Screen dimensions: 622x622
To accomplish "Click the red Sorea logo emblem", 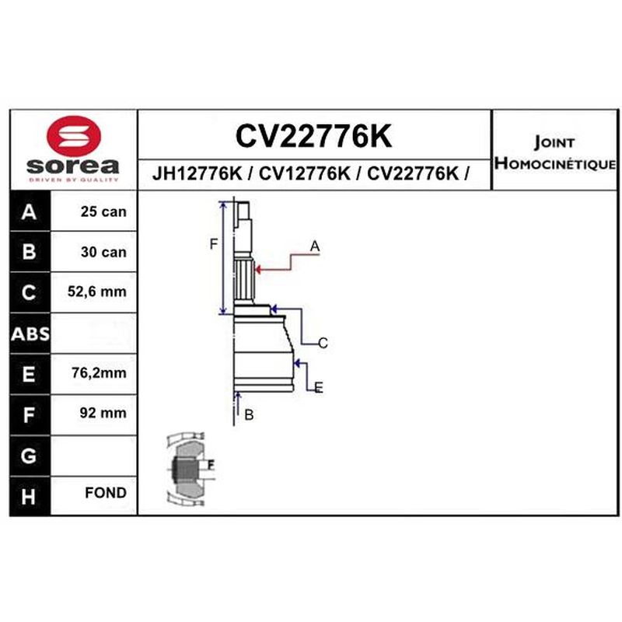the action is click(74, 136).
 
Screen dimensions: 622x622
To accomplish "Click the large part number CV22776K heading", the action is click(314, 136).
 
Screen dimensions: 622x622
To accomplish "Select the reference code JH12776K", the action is click(197, 173).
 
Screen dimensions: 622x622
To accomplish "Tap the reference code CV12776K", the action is click(305, 173).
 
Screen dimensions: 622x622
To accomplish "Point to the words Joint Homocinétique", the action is click(555, 153).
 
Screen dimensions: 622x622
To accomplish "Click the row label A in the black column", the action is click(29, 211).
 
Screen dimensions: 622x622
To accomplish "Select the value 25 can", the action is click(103, 211).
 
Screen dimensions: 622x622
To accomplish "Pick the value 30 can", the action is click(103, 252).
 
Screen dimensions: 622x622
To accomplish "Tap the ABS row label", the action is click(30, 334).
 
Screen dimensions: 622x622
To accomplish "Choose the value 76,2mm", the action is click(100, 372).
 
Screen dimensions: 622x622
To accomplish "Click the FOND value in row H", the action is click(106, 493).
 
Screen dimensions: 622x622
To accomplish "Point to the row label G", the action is click(29, 456).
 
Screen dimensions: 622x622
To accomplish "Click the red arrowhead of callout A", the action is click(257, 270).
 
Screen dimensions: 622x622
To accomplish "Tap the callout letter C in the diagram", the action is click(323, 343).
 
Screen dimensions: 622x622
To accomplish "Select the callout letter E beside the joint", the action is click(319, 387).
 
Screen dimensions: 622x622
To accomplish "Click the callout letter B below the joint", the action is click(249, 415).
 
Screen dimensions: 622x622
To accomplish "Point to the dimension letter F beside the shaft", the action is click(213, 244).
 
